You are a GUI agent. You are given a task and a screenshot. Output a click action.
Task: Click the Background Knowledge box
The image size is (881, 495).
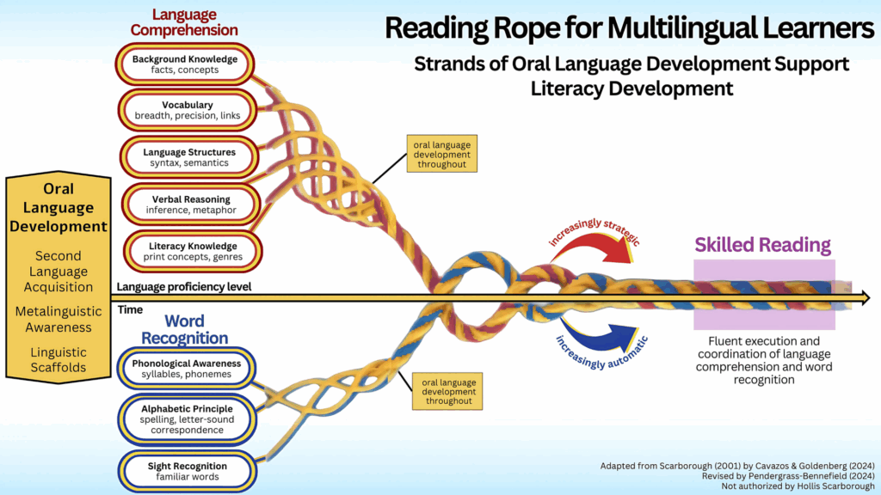(x=185, y=64)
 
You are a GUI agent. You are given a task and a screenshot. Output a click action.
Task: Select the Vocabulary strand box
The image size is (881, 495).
(x=187, y=110)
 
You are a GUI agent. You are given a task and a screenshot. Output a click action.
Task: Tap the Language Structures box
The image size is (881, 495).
(x=189, y=157)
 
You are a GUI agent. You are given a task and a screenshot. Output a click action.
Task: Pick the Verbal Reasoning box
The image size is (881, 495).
(x=191, y=205)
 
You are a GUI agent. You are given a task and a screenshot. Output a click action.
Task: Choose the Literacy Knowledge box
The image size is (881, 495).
(x=193, y=252)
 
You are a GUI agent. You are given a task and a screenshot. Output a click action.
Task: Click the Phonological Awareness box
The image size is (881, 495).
(x=187, y=369)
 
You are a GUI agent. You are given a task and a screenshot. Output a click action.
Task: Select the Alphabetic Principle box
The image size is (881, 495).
(x=187, y=419)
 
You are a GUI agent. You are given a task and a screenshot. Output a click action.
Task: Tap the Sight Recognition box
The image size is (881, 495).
(x=187, y=472)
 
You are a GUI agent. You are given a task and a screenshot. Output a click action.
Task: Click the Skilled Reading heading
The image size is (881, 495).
(x=762, y=245)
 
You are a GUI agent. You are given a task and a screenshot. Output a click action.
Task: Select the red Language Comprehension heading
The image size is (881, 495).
(x=184, y=22)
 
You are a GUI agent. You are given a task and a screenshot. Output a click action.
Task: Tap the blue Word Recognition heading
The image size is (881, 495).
(x=184, y=329)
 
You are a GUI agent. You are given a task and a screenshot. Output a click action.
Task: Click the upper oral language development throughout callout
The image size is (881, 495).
(x=442, y=154)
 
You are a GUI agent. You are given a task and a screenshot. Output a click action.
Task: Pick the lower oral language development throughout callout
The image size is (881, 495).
(x=447, y=391)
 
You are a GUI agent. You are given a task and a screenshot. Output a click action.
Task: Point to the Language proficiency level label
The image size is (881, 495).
(x=184, y=287)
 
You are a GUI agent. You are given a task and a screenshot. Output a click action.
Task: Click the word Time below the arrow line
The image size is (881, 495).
(x=131, y=309)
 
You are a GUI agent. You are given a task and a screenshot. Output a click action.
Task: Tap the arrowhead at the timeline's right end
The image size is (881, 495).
(x=866, y=298)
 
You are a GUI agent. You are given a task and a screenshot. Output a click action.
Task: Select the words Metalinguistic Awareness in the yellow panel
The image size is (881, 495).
(x=59, y=320)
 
